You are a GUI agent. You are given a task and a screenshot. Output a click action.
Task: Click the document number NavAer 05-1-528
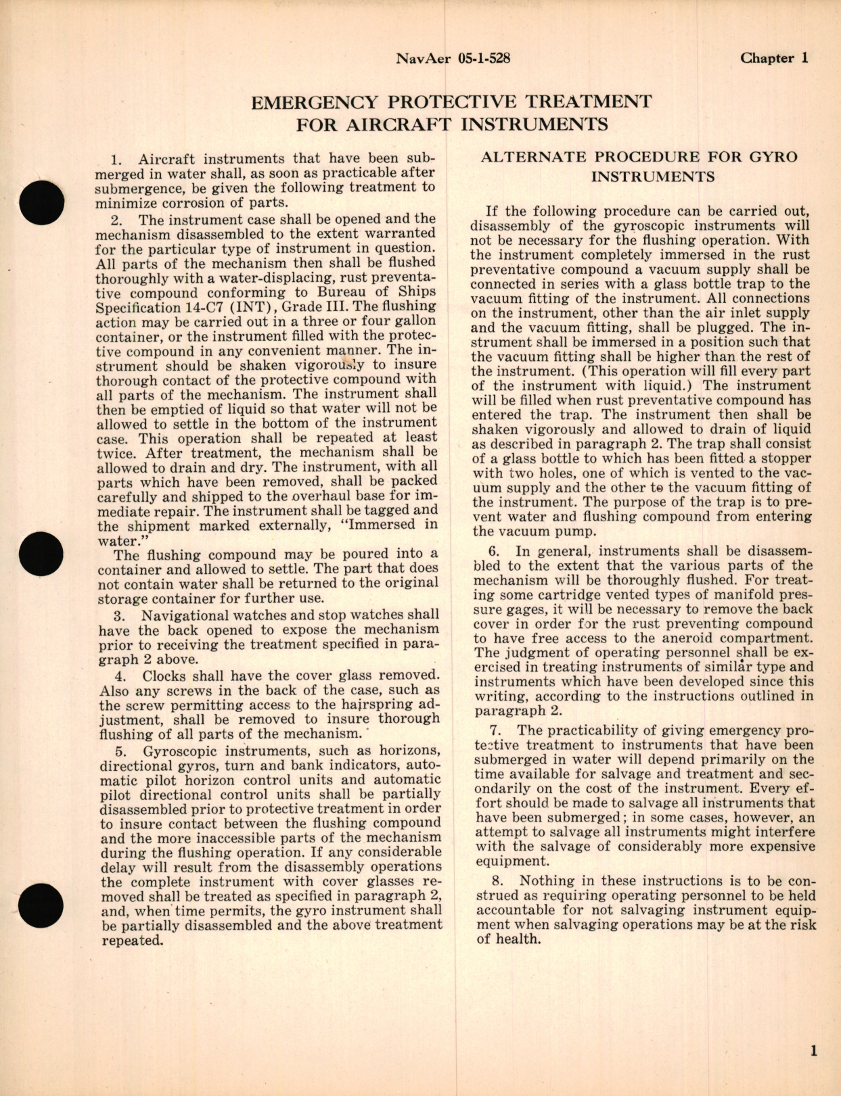pyautogui.click(x=452, y=58)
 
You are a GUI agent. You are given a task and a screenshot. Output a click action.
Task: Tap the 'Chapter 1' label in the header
pyautogui.click(x=774, y=58)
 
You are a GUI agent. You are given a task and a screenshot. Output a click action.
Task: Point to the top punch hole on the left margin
pyautogui.click(x=42, y=203)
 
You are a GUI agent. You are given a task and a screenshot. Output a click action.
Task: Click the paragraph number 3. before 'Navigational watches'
pyautogui.click(x=121, y=615)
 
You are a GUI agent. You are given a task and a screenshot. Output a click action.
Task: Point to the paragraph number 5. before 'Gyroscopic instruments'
pyautogui.click(x=121, y=751)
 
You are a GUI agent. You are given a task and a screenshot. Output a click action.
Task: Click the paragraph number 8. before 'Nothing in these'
pyautogui.click(x=497, y=881)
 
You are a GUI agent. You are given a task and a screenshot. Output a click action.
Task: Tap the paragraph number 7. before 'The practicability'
pyautogui.click(x=497, y=730)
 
